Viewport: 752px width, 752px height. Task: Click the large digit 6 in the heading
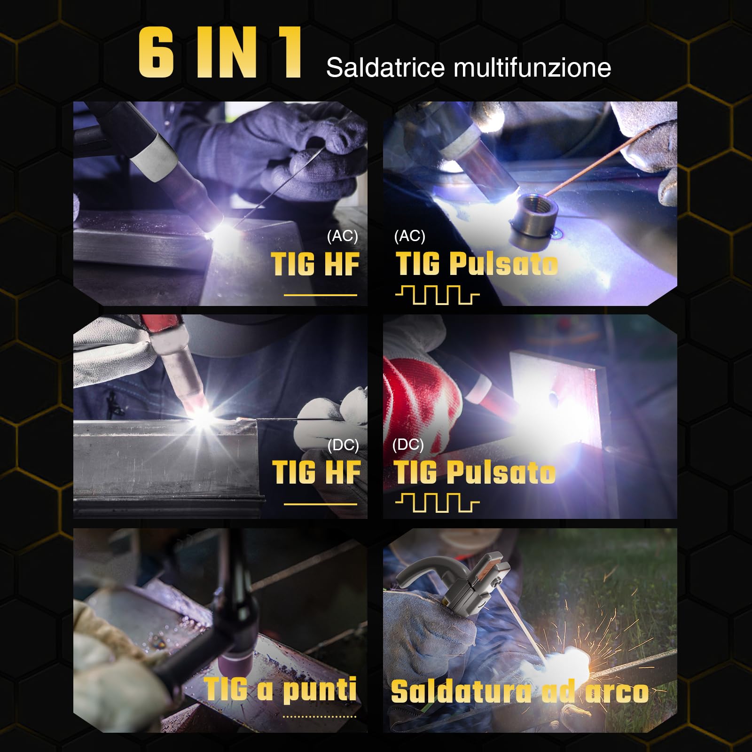coord(157,53)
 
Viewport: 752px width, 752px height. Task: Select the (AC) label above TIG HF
coord(342,236)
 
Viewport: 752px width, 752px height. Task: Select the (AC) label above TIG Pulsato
coord(409,236)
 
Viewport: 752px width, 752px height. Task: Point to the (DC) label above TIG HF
coord(343,445)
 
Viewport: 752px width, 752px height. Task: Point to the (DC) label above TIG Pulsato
coord(408,445)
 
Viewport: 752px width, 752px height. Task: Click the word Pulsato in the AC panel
coord(503,264)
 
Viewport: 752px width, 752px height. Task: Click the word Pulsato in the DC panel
coord(501,472)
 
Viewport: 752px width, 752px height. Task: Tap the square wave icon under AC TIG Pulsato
coord(437,296)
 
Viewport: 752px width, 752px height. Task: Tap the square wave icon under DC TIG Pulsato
coord(437,503)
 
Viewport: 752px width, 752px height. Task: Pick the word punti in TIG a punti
coord(320,690)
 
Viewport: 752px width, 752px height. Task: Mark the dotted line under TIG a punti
coord(320,717)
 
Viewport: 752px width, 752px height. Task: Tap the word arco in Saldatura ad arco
coord(617,692)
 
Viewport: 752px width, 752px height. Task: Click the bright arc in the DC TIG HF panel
coord(203,415)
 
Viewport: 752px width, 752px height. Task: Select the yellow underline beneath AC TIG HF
coord(320,295)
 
